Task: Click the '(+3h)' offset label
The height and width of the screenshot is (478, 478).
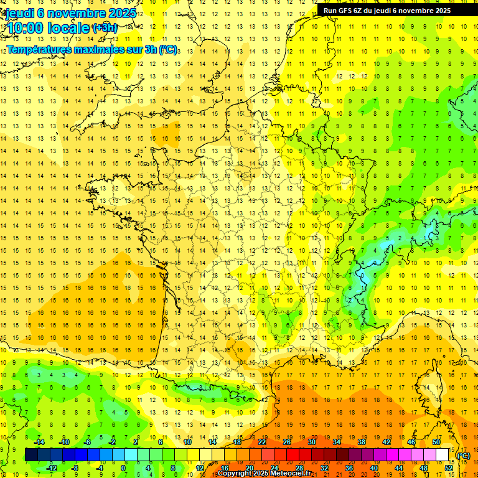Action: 104,27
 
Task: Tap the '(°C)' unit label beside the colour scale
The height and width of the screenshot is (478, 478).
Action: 464,455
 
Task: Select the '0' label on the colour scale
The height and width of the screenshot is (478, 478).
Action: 123,468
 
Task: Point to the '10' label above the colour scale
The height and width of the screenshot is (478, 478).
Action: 187,442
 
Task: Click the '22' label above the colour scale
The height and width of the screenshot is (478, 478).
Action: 261,442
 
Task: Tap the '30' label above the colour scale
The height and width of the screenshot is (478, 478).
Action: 311,442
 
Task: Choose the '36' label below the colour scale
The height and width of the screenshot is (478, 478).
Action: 349,468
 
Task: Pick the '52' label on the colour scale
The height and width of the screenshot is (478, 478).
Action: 449,468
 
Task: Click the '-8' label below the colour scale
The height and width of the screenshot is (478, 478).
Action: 75,468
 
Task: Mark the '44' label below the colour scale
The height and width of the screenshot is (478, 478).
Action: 398,468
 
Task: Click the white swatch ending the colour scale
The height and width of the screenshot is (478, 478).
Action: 442,455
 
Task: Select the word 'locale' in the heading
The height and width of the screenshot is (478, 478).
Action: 68,27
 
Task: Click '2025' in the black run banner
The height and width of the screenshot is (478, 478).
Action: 443,11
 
